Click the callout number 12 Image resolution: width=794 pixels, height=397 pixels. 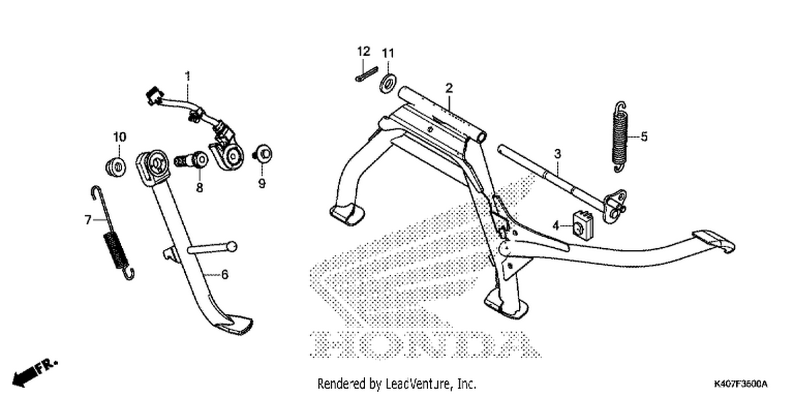tap(363, 52)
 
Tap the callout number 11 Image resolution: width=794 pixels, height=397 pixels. tap(388, 53)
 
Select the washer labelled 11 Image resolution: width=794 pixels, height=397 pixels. tap(388, 84)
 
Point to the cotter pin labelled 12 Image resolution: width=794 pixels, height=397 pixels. tap(366, 74)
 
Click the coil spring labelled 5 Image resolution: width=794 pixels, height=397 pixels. tap(620, 137)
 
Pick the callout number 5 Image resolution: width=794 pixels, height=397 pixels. tap(644, 137)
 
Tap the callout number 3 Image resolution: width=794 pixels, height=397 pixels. tap(557, 154)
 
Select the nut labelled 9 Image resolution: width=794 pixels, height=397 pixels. tap(263, 155)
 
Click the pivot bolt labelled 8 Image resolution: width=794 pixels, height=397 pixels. tap(191, 160)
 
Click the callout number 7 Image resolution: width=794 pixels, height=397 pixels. tap(88, 220)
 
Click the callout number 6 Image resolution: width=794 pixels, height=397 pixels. tap(225, 275)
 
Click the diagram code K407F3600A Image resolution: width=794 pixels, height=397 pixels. tap(741, 384)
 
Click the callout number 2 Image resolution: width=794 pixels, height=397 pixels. tap(449, 88)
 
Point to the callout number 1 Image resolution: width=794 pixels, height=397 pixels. tap(188, 76)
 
